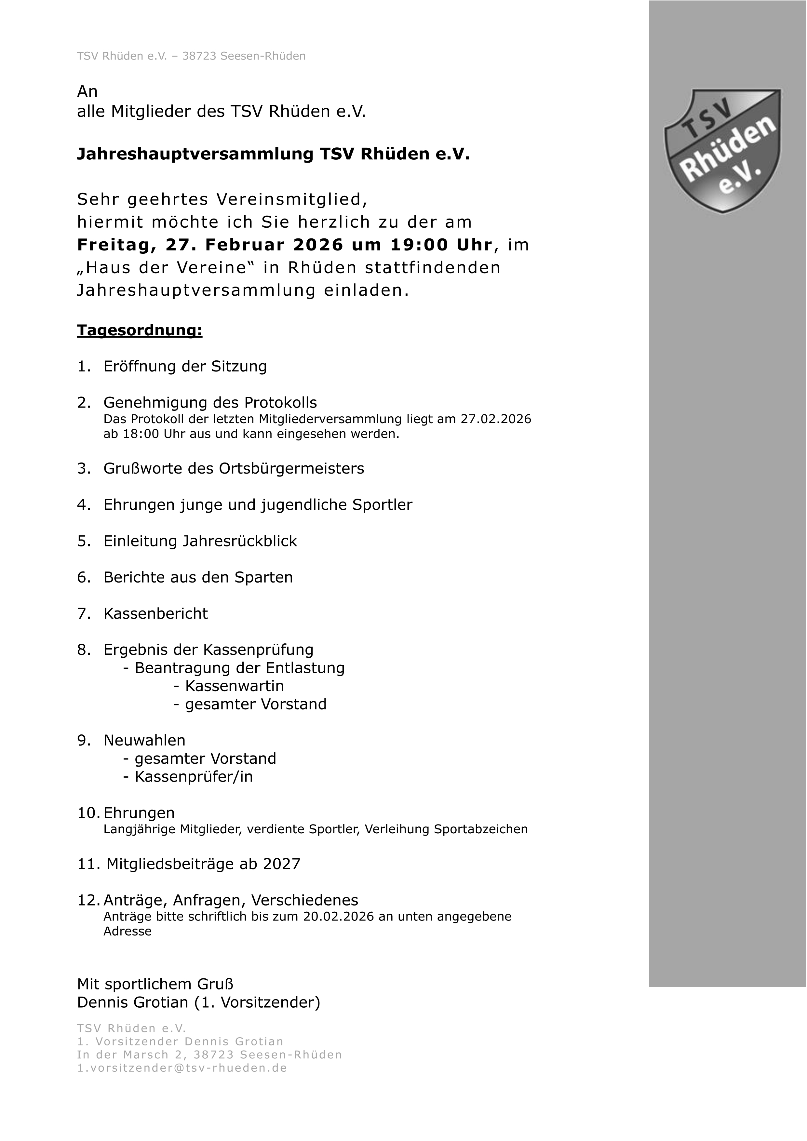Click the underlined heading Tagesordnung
tap(140, 330)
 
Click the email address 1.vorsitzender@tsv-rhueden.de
tap(182, 1068)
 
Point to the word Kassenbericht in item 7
tap(155, 614)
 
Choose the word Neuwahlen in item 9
tap(144, 741)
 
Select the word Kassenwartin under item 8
tap(235, 686)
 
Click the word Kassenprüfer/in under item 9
tap(194, 777)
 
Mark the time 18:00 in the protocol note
tap(141, 434)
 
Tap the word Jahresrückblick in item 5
tap(239, 541)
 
